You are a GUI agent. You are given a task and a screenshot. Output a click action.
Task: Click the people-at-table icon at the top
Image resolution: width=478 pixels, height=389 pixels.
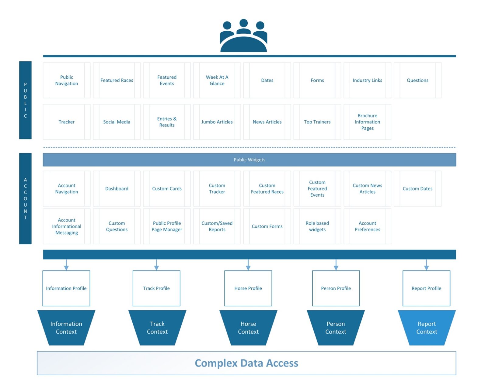click(243, 36)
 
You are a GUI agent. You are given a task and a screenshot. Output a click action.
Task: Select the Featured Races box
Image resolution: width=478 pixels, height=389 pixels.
click(117, 80)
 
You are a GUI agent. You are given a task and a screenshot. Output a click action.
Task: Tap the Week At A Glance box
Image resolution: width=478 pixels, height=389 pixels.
click(217, 80)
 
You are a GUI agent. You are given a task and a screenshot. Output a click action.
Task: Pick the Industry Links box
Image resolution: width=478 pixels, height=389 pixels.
click(367, 80)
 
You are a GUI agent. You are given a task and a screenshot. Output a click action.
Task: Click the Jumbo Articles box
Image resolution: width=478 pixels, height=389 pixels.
click(217, 122)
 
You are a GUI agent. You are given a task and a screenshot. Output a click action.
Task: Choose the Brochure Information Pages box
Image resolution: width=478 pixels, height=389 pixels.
click(367, 122)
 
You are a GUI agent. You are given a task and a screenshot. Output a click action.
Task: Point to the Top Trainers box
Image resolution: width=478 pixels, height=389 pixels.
click(317, 122)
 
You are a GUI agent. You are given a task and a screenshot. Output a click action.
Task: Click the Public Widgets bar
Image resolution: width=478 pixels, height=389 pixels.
click(249, 160)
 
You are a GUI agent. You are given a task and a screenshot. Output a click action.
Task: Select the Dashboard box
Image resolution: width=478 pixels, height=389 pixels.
click(117, 189)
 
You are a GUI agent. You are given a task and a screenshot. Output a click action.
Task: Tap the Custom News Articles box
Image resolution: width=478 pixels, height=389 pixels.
click(367, 189)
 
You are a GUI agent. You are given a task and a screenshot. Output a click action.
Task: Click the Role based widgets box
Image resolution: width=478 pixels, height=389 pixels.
click(317, 226)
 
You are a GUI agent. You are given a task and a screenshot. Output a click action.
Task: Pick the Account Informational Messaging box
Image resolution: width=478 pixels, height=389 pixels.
click(67, 226)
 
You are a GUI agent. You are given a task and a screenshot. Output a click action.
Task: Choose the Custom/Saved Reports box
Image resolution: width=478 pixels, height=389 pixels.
click(217, 226)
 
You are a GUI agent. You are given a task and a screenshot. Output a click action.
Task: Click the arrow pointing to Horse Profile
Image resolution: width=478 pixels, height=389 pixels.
click(248, 265)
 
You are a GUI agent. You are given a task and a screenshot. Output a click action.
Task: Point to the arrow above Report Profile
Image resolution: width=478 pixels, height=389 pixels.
click(426, 265)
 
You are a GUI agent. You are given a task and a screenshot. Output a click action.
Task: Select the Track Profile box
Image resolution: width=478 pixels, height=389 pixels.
click(156, 288)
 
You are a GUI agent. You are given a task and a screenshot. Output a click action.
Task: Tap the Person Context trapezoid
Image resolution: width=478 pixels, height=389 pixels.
click(336, 328)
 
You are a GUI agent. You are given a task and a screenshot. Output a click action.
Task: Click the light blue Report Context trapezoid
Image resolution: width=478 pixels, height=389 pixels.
click(427, 328)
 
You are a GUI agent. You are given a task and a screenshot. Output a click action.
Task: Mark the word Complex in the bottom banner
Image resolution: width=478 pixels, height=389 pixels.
click(216, 363)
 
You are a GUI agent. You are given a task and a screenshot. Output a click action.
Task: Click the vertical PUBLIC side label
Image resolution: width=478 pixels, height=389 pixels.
click(25, 100)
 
